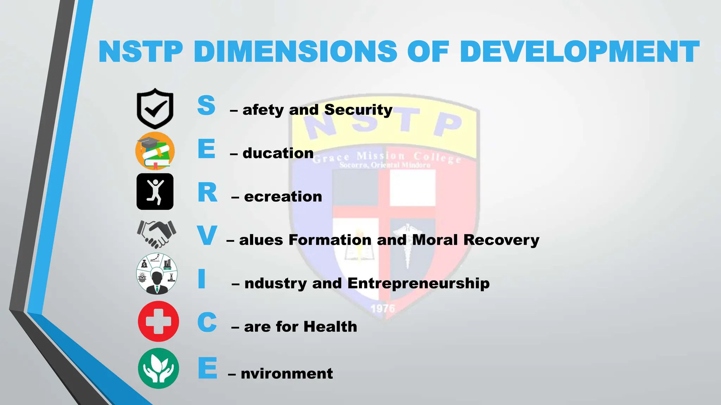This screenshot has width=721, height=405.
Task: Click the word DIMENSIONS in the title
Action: (x=295, y=52)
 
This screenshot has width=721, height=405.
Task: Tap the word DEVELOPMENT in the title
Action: (x=579, y=52)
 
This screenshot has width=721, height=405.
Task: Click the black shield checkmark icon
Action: (x=155, y=109)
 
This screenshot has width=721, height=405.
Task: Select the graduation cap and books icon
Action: (x=155, y=151)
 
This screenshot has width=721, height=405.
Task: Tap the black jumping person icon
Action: (x=155, y=192)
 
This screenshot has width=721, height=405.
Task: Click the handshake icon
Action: (x=156, y=234)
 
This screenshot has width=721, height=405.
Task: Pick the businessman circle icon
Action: (x=157, y=274)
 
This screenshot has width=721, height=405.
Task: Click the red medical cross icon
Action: (x=158, y=321)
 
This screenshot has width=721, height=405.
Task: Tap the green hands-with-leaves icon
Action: (x=158, y=368)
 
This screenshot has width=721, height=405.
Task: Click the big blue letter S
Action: (x=206, y=105)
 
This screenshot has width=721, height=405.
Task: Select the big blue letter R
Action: (x=207, y=193)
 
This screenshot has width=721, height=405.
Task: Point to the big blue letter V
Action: (x=207, y=236)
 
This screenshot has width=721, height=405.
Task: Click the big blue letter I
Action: (x=202, y=279)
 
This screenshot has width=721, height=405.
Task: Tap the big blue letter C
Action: (x=207, y=322)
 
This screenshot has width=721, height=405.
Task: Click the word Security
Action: (x=358, y=110)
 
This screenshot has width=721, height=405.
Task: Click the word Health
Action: (x=330, y=327)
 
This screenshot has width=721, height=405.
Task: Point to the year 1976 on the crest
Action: (x=383, y=309)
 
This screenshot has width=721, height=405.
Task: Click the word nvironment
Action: (x=287, y=373)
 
